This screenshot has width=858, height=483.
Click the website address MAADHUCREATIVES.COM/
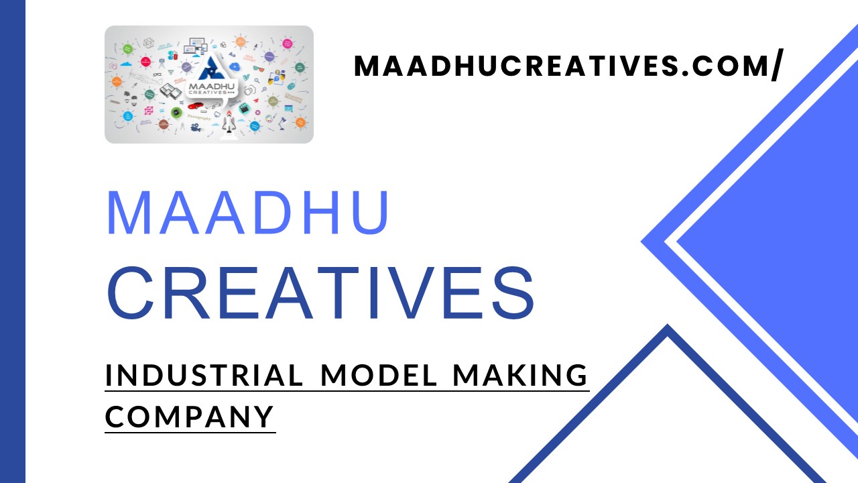point(567,66)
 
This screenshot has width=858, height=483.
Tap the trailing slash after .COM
point(776,66)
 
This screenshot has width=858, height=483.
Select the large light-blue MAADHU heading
point(248,213)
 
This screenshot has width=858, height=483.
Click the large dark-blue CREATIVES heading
point(321,294)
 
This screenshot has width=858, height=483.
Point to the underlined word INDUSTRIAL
point(204,376)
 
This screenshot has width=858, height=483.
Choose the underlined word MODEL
point(379,376)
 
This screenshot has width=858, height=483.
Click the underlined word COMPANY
point(190,416)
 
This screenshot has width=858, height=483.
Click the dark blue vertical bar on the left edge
point(12,241)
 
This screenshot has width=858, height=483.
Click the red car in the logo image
point(195,105)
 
